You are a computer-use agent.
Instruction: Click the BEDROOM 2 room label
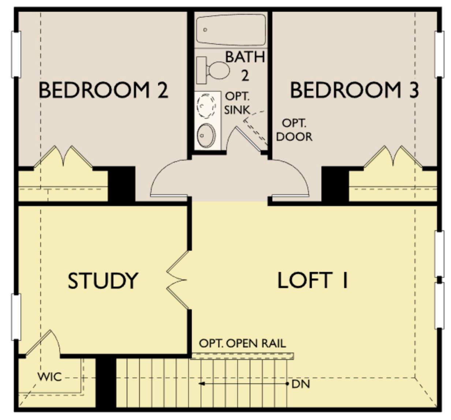click(x=103, y=90)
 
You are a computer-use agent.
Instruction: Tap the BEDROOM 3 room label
click(x=354, y=90)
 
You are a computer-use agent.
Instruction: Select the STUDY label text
click(x=103, y=281)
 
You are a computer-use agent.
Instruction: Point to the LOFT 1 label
click(x=313, y=281)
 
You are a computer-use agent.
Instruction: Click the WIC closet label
click(x=49, y=376)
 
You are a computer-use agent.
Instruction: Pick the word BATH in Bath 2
click(x=245, y=57)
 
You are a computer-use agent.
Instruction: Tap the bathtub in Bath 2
click(x=231, y=29)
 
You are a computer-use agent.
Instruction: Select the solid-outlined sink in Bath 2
click(x=206, y=136)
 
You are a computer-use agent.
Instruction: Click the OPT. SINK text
click(x=237, y=103)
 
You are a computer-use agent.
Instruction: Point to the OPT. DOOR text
click(x=294, y=130)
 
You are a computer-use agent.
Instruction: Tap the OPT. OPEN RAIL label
click(x=242, y=343)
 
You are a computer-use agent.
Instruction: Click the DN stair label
click(x=301, y=384)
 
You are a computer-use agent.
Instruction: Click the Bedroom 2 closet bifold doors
click(x=63, y=158)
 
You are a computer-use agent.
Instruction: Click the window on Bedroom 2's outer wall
click(x=16, y=54)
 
